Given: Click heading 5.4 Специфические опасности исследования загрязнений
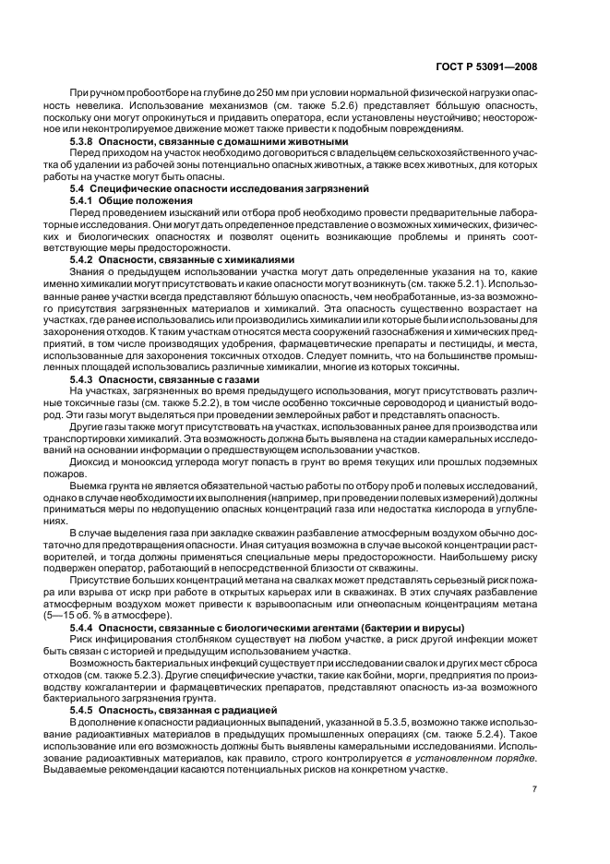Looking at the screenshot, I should pos(194,187).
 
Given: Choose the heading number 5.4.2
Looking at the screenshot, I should pos(84,259).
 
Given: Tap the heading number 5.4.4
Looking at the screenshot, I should pos(84,628).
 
